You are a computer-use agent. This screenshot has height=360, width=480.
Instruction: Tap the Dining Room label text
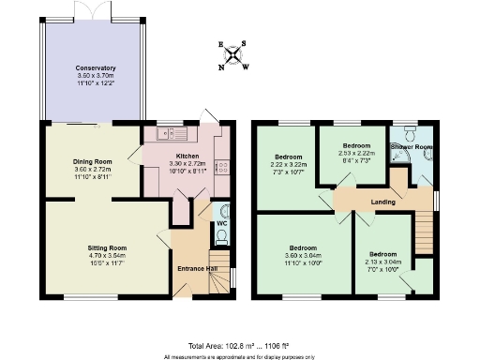92,161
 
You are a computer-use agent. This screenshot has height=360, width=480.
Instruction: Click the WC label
221,224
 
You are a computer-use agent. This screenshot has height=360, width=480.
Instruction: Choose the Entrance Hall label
198,269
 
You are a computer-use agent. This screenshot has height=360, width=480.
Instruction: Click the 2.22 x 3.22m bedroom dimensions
288,164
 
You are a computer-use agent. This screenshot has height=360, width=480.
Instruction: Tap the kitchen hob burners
221,170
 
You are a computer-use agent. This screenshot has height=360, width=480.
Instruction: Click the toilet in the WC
224,209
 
